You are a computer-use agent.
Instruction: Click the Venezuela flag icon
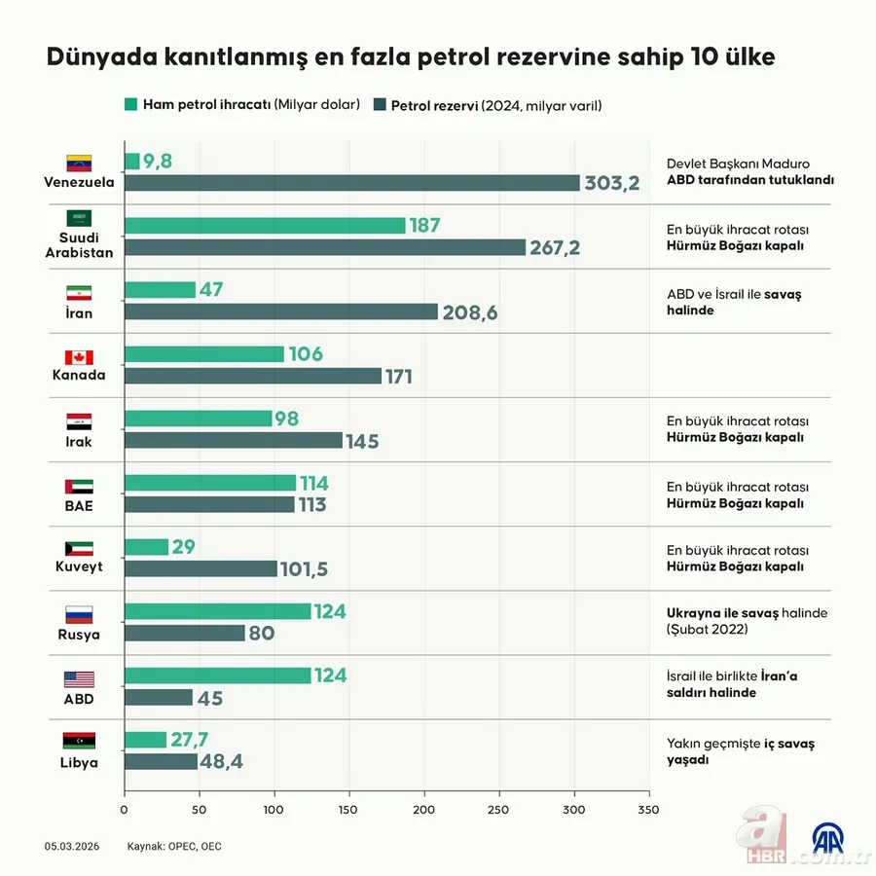click(79, 163)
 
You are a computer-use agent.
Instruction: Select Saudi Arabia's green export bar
click(265, 226)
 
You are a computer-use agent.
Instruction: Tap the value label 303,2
click(611, 183)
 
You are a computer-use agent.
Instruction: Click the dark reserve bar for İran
click(281, 311)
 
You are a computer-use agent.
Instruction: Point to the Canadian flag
click(79, 357)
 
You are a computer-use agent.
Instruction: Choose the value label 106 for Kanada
click(306, 354)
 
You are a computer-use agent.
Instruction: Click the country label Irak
click(79, 440)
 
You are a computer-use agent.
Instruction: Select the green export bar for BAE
click(210, 483)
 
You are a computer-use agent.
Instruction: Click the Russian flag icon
click(79, 614)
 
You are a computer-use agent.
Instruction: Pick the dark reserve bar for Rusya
click(185, 633)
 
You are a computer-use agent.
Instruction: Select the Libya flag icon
click(79, 742)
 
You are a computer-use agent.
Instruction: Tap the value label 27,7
click(190, 740)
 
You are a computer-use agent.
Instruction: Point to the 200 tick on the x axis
click(424, 809)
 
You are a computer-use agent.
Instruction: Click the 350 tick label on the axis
click(648, 809)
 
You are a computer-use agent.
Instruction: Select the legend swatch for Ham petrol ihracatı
click(131, 104)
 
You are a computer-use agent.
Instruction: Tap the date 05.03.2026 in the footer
click(70, 846)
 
